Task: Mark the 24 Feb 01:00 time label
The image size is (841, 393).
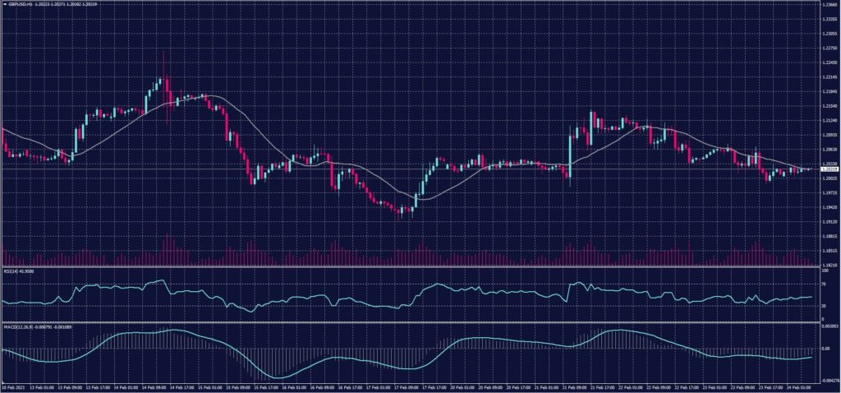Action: click(x=797, y=386)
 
